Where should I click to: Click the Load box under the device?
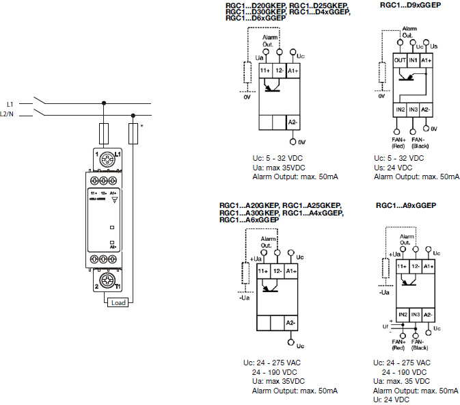tap(118, 302)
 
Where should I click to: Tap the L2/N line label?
tap(8, 115)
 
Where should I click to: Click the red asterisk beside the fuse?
tap(141, 126)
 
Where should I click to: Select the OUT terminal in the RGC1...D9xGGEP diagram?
tap(401, 62)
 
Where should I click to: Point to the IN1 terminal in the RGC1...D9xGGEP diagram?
tap(414, 62)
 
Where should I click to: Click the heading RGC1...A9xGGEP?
tap(406, 205)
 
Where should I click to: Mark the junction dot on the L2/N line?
tap(133, 116)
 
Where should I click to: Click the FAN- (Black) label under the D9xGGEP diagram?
tap(414, 142)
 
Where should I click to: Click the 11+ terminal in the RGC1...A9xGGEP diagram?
tap(402, 265)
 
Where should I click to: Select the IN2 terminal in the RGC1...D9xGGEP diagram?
tap(401, 109)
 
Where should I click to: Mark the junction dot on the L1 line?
tap(104, 103)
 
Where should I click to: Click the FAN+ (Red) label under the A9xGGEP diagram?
tap(398, 344)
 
